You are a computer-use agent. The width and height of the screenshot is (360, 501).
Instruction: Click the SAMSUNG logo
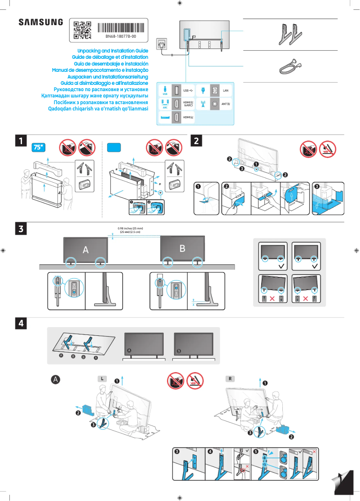[x=40, y=22]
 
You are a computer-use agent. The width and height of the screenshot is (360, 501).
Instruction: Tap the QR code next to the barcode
[x=82, y=29]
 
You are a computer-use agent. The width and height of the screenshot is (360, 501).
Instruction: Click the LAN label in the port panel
[x=226, y=91]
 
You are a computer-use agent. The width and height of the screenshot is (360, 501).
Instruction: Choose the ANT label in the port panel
[x=226, y=104]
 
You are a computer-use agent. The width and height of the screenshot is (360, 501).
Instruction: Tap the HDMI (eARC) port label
[x=189, y=104]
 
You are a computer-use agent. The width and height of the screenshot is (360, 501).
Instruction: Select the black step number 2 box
[x=197, y=141]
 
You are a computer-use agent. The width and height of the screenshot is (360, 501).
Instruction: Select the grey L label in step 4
[x=103, y=378]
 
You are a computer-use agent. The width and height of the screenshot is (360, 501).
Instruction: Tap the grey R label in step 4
[x=230, y=378]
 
